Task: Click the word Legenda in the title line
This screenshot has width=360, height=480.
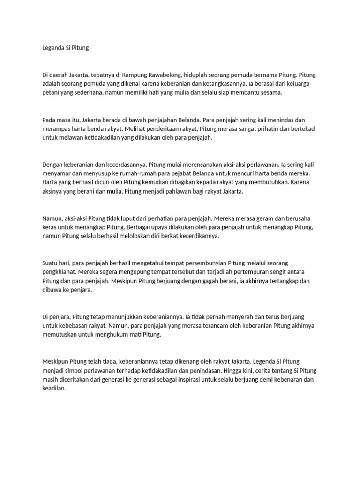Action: pyautogui.click(x=53, y=48)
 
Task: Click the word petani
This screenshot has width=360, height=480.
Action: pyautogui.click(x=51, y=93)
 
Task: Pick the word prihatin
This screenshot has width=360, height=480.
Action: pyautogui.click(x=269, y=129)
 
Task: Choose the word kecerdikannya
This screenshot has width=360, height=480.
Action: pyautogui.click(x=193, y=237)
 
